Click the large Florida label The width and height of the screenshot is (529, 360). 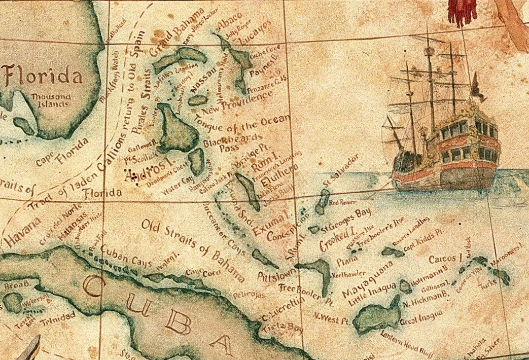(44, 77)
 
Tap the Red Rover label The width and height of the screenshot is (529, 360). (341, 203)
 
